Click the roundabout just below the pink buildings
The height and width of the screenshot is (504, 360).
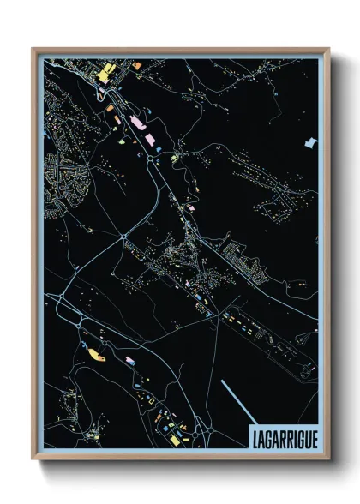pos(156,157)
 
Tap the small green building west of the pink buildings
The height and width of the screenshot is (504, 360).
pos(110,107)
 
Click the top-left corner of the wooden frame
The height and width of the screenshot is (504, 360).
pos(33,50)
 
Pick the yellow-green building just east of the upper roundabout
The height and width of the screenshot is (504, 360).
pos(174,157)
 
